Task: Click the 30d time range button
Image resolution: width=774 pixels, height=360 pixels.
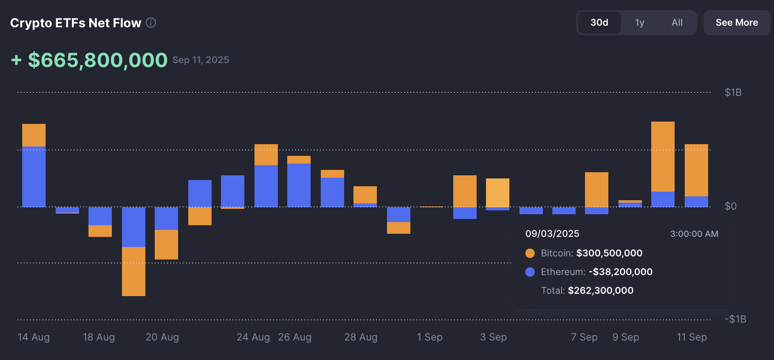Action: (599, 23)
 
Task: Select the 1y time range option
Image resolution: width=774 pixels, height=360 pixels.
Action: (640, 23)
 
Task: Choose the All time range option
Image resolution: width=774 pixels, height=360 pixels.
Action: (677, 23)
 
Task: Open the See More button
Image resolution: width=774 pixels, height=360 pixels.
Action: (737, 23)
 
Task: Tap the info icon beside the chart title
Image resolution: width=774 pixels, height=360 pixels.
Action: (151, 23)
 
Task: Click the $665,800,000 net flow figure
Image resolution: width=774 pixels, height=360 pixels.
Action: (97, 60)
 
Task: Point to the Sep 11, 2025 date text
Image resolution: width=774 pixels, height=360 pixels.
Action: (201, 60)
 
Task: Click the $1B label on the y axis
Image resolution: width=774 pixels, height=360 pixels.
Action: (733, 92)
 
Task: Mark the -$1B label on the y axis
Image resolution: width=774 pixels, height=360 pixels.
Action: (735, 319)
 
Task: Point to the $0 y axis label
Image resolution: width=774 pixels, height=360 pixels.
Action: (730, 206)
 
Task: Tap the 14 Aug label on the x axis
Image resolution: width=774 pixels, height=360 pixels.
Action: (34, 337)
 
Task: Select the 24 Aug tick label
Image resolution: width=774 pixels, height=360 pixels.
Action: (253, 337)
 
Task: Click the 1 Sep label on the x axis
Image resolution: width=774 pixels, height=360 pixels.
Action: (429, 337)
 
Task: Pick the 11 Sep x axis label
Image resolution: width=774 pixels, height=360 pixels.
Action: (691, 337)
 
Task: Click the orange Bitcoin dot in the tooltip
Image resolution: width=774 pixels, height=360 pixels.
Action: (530, 253)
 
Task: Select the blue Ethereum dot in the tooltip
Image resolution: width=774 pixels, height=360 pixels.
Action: (530, 272)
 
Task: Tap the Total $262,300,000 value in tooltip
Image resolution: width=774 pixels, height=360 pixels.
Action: (600, 291)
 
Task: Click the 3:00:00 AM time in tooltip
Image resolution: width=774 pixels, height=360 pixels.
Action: (694, 234)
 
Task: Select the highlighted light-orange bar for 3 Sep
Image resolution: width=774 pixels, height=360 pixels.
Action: (497, 192)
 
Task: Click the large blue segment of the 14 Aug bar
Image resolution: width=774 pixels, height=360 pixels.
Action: (34, 176)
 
